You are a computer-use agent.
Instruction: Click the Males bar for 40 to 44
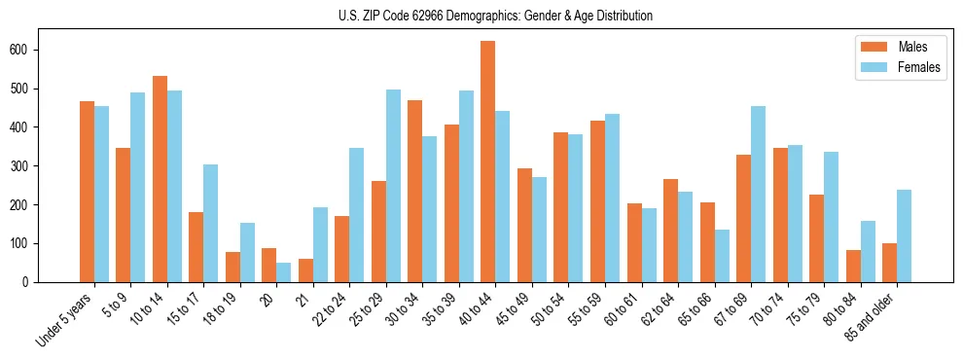tap(488, 162)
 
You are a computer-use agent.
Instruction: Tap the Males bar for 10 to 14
tap(160, 179)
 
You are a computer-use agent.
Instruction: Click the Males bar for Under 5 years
tap(87, 192)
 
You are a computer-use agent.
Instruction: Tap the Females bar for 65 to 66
tap(722, 256)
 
